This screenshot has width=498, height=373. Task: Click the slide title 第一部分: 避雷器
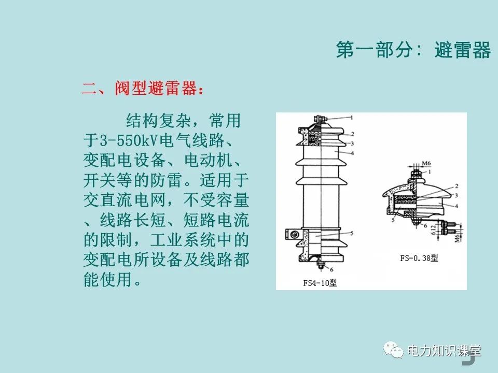(x=413, y=51)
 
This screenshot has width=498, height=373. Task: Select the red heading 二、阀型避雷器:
(x=143, y=89)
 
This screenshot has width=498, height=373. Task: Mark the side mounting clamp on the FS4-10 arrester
(x=292, y=235)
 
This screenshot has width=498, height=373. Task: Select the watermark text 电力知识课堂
(x=445, y=351)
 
